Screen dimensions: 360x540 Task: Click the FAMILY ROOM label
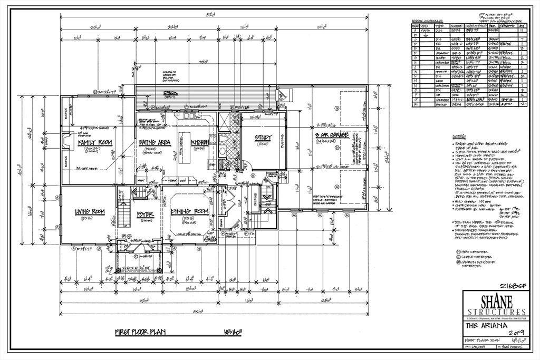tap(95, 143)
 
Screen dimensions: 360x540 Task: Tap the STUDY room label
tap(263, 138)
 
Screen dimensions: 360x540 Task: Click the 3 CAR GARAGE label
tap(331, 135)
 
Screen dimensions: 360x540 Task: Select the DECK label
tap(170, 93)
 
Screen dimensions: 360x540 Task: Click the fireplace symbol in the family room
tap(65, 141)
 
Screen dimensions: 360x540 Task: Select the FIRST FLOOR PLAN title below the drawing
tap(140, 332)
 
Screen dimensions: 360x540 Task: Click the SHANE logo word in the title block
tap(494, 301)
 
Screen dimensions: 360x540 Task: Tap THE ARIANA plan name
tap(482, 326)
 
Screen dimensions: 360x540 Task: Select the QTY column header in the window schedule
tap(522, 25)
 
